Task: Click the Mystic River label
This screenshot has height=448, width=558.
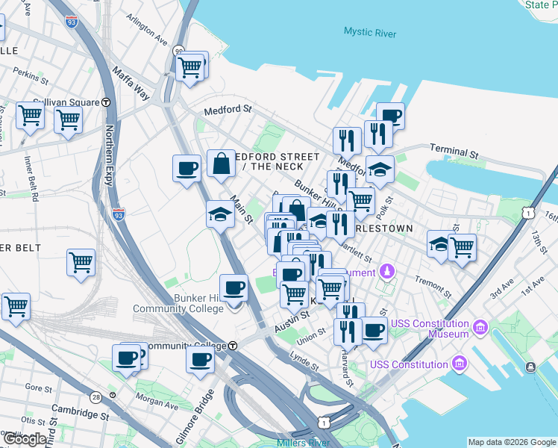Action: (x=370, y=32)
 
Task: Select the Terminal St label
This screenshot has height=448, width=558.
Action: (x=453, y=152)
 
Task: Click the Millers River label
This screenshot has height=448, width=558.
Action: (x=302, y=443)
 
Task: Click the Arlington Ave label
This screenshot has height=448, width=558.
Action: (x=147, y=28)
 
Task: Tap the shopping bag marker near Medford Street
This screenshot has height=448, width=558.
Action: (x=222, y=164)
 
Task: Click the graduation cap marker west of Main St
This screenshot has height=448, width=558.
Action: (x=219, y=215)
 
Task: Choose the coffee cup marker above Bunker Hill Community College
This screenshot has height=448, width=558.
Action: (x=233, y=287)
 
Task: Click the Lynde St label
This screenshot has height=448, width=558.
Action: (x=304, y=361)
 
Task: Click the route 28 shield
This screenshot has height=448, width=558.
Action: (x=95, y=397)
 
